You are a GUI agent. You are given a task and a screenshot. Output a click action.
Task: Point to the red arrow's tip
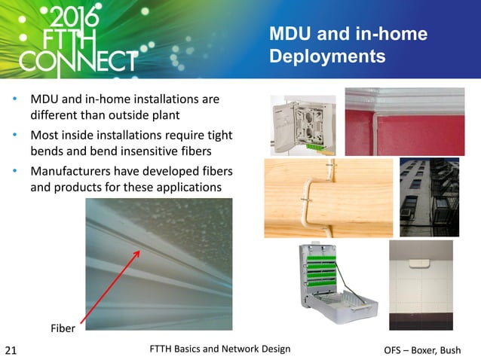click(139, 251)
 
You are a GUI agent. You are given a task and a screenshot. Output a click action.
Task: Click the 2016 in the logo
click(74, 18)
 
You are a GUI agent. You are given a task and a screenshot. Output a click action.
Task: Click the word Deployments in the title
click(326, 57)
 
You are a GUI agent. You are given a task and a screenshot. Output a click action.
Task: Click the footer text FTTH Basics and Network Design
click(220, 348)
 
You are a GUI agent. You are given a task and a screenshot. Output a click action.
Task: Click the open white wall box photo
click(302, 123)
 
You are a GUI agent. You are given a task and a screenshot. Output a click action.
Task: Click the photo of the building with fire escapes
click(428, 197)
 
